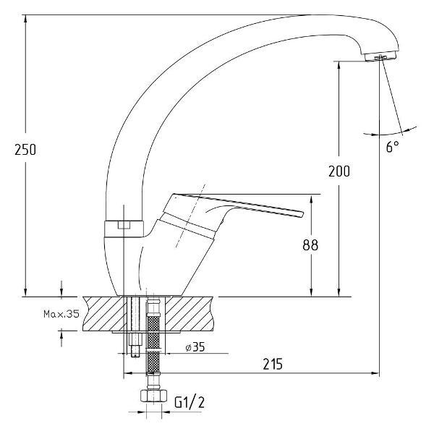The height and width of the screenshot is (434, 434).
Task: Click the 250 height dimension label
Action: (25, 150)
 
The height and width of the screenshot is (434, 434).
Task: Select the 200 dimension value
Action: (339, 171)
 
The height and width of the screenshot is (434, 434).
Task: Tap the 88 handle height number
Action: (310, 245)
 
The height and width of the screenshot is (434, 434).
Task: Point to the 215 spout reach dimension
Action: (273, 364)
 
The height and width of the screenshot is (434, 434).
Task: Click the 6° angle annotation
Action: (393, 146)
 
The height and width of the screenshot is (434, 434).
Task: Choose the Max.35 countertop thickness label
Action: (61, 314)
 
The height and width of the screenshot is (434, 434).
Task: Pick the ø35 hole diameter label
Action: (195, 346)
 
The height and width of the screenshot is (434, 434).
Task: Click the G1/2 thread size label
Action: (190, 402)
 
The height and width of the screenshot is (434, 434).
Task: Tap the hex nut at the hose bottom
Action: (153, 396)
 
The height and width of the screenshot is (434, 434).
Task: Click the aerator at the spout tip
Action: (380, 57)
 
